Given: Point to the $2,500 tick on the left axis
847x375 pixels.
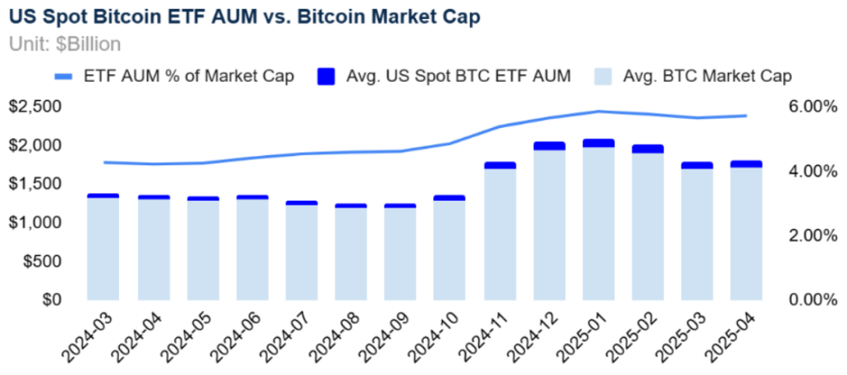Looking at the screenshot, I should [35, 107].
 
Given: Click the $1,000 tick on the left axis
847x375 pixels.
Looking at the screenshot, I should [35, 222].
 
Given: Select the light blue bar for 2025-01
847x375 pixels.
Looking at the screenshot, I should [599, 223].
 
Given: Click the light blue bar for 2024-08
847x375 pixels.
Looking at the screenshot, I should [352, 253].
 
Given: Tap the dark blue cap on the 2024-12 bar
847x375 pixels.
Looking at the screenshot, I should [549, 146].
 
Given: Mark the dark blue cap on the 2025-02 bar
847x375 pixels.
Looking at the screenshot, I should [648, 149].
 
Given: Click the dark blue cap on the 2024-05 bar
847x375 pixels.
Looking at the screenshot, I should [203, 198].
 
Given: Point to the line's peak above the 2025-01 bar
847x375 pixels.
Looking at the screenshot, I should [599, 111].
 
